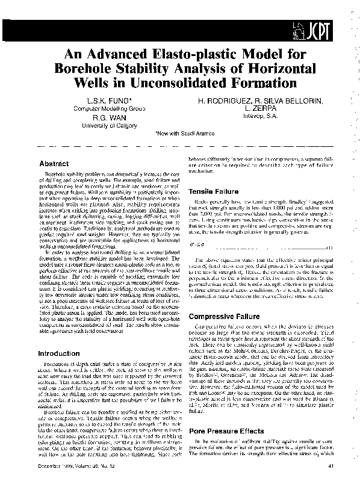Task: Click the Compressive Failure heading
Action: [x=222, y=316]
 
